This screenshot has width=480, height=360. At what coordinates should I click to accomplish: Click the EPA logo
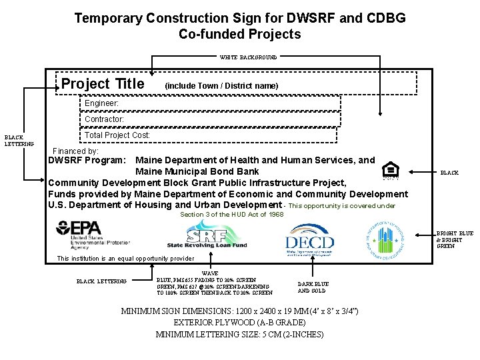(x=87, y=235)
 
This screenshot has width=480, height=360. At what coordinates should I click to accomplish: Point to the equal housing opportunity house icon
(x=391, y=169)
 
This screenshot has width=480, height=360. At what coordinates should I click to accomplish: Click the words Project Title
(x=103, y=84)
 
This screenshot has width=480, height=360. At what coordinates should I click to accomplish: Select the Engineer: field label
(x=101, y=104)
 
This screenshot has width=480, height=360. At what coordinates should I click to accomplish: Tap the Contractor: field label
(x=104, y=119)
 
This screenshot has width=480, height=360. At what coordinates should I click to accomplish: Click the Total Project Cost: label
(x=117, y=135)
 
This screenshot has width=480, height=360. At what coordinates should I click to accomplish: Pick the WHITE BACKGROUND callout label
(x=248, y=57)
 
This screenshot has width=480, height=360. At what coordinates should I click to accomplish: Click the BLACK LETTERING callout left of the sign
(x=19, y=140)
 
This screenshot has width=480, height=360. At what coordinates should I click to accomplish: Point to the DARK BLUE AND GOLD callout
(x=312, y=287)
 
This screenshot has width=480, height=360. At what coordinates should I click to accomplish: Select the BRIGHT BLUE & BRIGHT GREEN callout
(x=455, y=239)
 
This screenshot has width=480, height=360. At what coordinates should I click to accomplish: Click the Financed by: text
(x=75, y=151)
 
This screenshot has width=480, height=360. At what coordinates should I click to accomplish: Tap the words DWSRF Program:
(x=87, y=161)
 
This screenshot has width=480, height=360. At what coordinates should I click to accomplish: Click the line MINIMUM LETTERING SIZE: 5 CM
(x=239, y=334)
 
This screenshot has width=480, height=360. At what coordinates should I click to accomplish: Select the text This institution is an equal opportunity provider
(x=126, y=259)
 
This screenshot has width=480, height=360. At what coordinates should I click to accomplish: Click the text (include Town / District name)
(x=221, y=86)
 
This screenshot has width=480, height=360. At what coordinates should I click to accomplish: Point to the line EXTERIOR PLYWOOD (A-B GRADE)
(x=239, y=323)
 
